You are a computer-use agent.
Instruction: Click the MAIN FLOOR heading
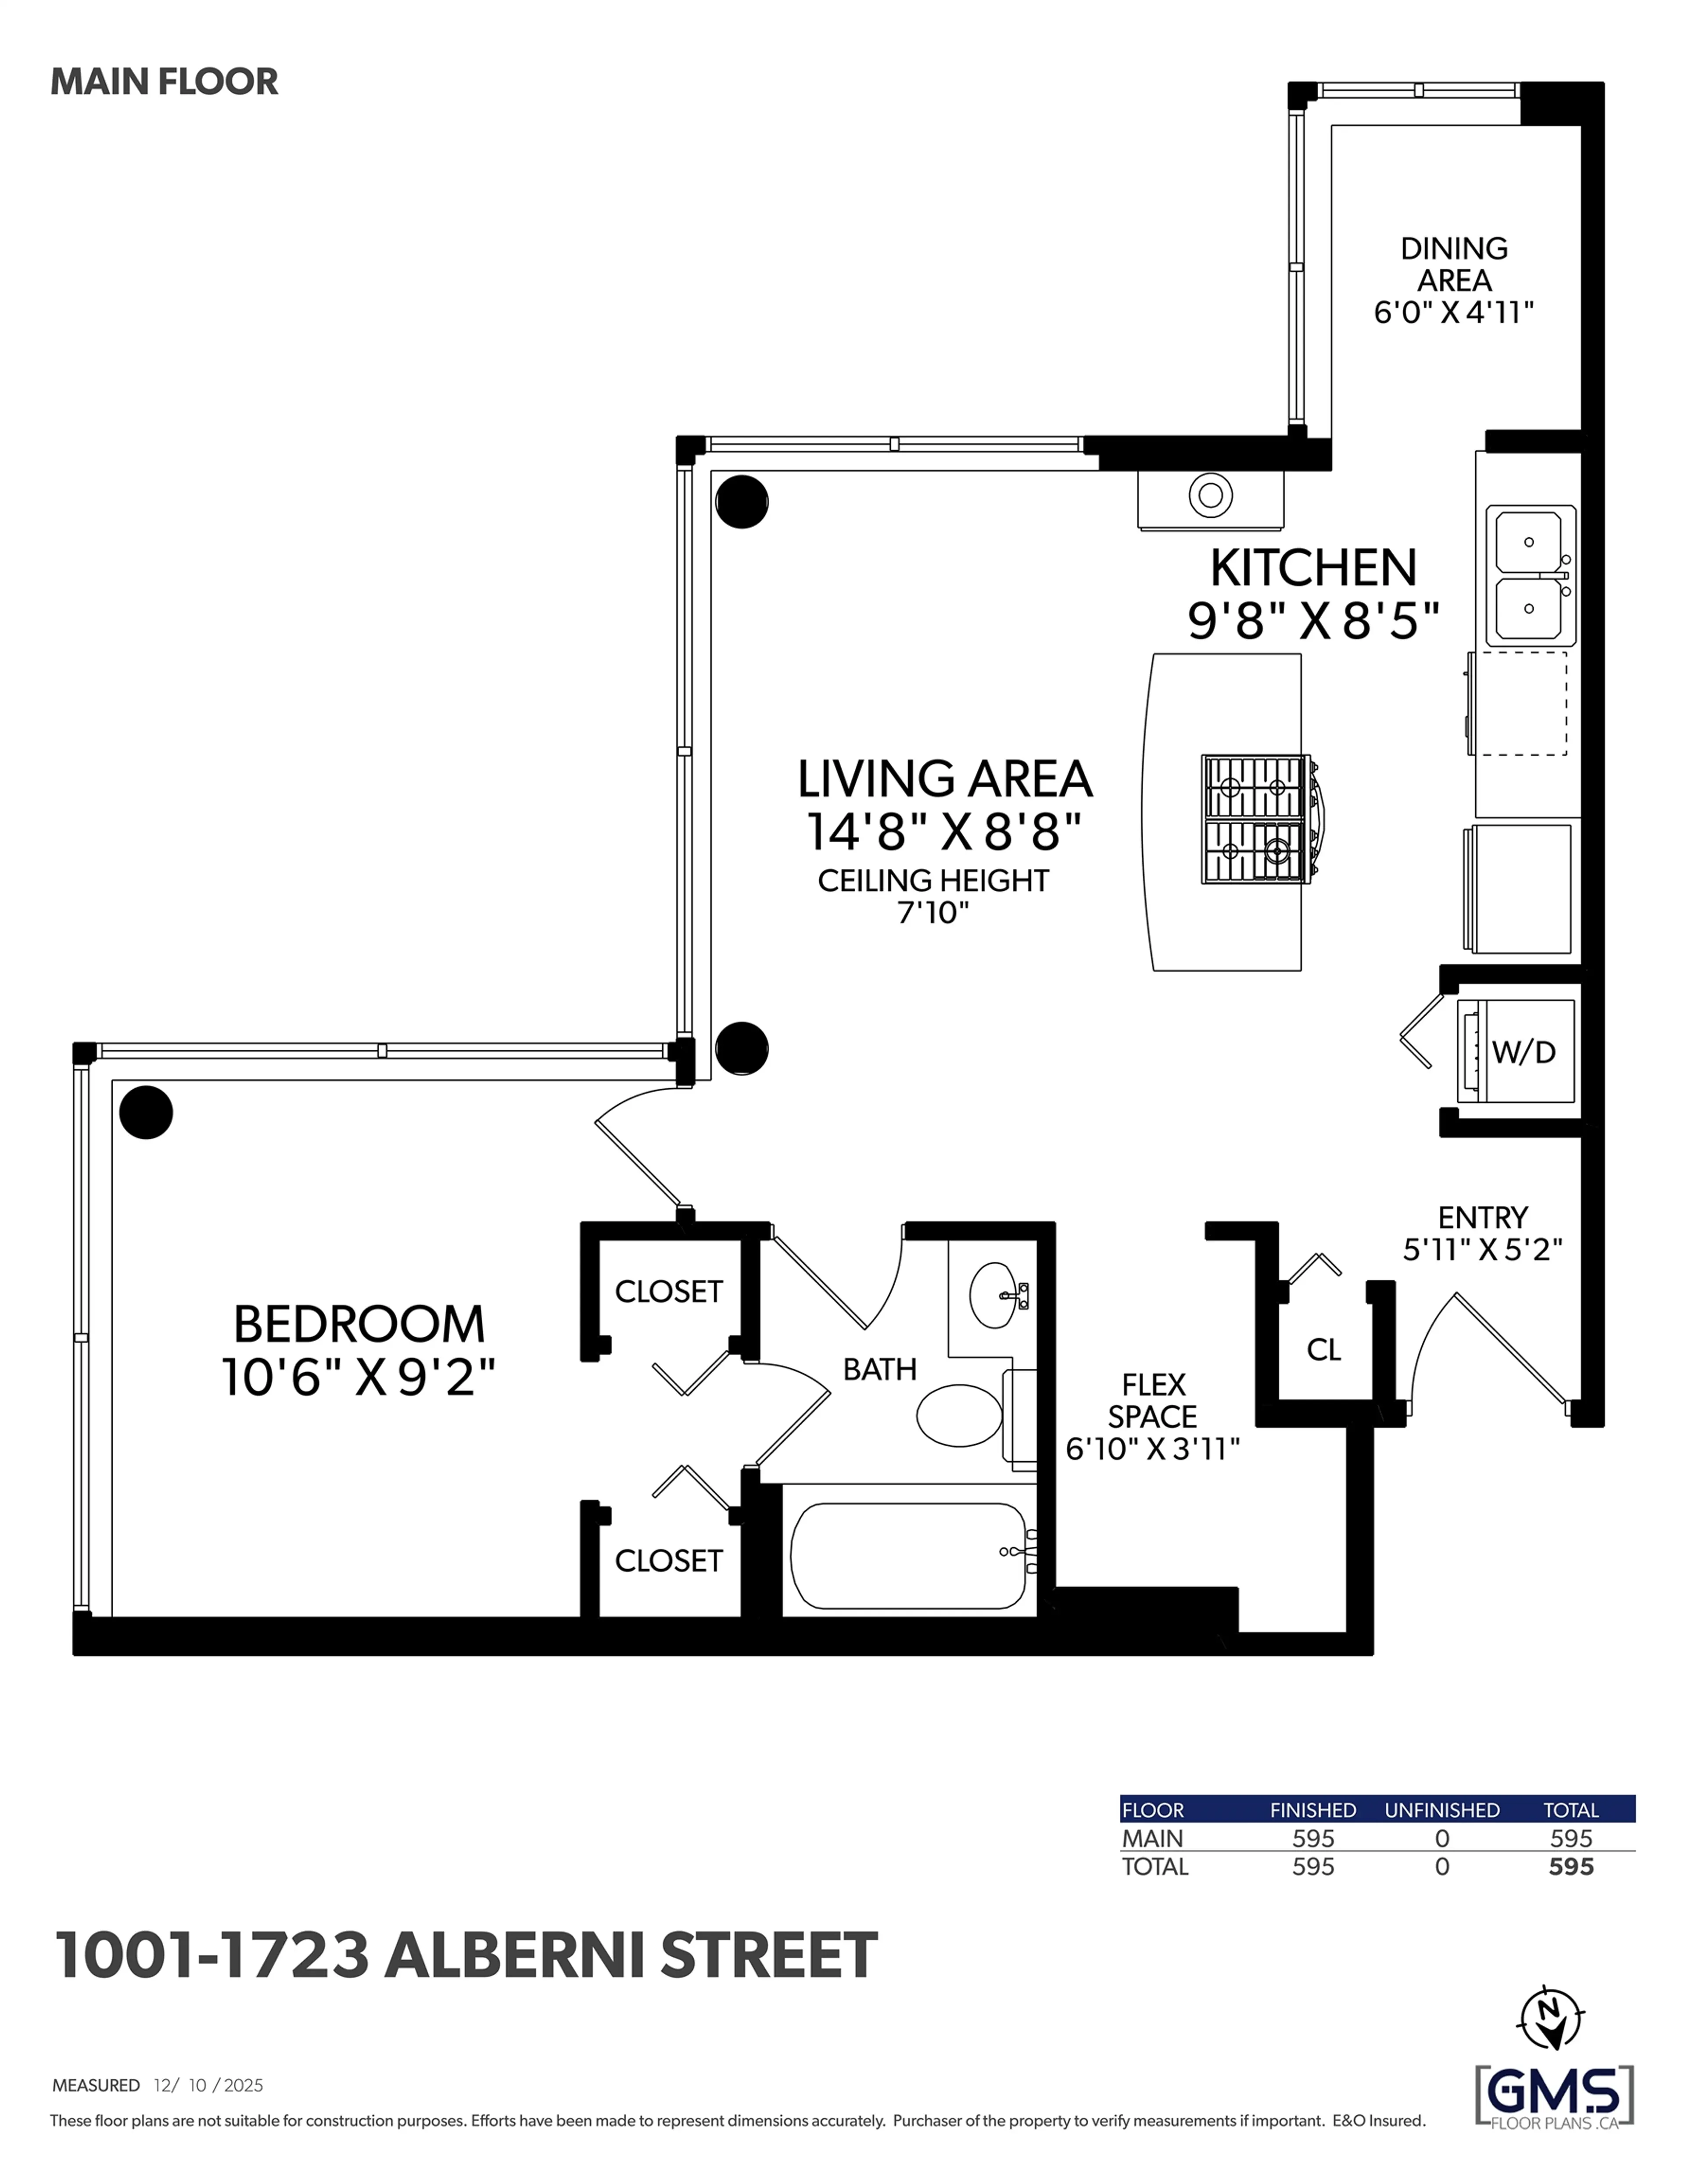pyautogui.click(x=164, y=82)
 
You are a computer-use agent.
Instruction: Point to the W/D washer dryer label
pyautogui.click(x=1523, y=1051)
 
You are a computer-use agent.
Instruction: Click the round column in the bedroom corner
pyautogui.click(x=146, y=1112)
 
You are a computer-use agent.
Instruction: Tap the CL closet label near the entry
pyautogui.click(x=1323, y=1350)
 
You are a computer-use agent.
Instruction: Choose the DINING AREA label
pyautogui.click(x=1453, y=265)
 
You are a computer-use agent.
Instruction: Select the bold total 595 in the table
pyautogui.click(x=1570, y=1866)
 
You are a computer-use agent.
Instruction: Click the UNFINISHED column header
pyautogui.click(x=1441, y=1809)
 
